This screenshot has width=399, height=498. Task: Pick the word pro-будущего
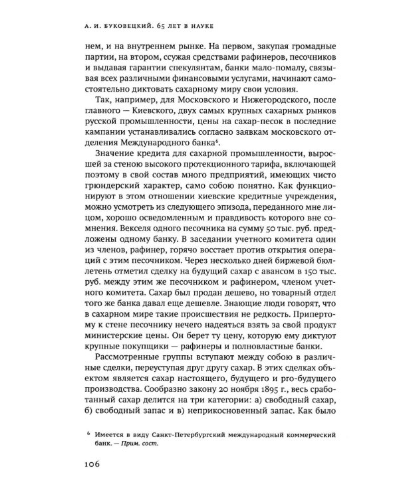[x=281, y=373]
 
